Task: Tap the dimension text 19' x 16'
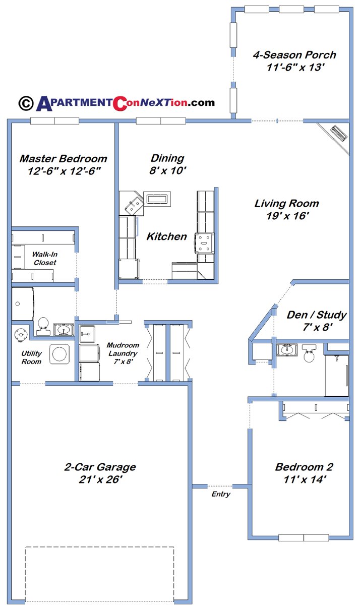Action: (x=286, y=216)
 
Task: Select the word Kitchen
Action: (x=166, y=236)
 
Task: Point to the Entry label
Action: (x=220, y=495)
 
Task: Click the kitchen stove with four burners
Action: (x=205, y=243)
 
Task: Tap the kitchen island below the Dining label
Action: (x=157, y=199)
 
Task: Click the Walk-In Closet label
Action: (x=44, y=259)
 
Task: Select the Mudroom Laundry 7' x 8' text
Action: (x=123, y=353)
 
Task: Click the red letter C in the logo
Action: (x=121, y=103)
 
